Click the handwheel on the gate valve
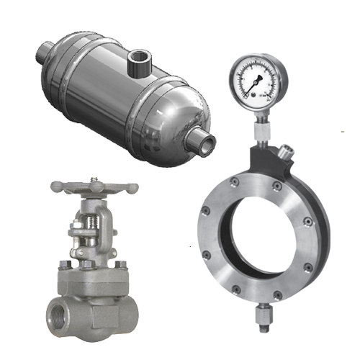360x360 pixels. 94,189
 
